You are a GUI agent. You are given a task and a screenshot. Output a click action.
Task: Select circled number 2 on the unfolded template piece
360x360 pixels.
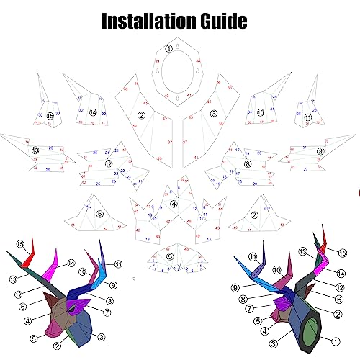tap(141, 114)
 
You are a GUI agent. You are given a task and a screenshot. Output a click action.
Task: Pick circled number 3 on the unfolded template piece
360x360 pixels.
tap(214, 113)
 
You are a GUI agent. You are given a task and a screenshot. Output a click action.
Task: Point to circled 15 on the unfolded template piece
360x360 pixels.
tap(50, 115)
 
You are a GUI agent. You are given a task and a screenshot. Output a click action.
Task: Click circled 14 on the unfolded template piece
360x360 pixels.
tap(93, 112)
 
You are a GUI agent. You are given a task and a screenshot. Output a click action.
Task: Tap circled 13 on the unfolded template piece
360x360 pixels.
tap(35, 150)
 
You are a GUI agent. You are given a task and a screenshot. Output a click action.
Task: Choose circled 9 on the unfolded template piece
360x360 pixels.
tap(320, 150)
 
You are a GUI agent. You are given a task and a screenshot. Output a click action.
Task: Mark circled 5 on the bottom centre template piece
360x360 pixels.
tap(170, 256)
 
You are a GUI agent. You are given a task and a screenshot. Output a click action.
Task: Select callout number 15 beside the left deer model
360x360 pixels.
tap(20, 244)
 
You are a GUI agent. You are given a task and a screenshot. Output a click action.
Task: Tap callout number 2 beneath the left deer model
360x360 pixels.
tap(57, 346)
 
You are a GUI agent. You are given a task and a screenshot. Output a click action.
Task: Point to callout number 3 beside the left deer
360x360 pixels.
tap(102, 336)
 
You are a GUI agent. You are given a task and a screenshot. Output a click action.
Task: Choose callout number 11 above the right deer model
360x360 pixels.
tap(253, 257)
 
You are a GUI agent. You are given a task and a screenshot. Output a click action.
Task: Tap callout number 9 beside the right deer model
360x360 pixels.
tap(235, 288)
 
